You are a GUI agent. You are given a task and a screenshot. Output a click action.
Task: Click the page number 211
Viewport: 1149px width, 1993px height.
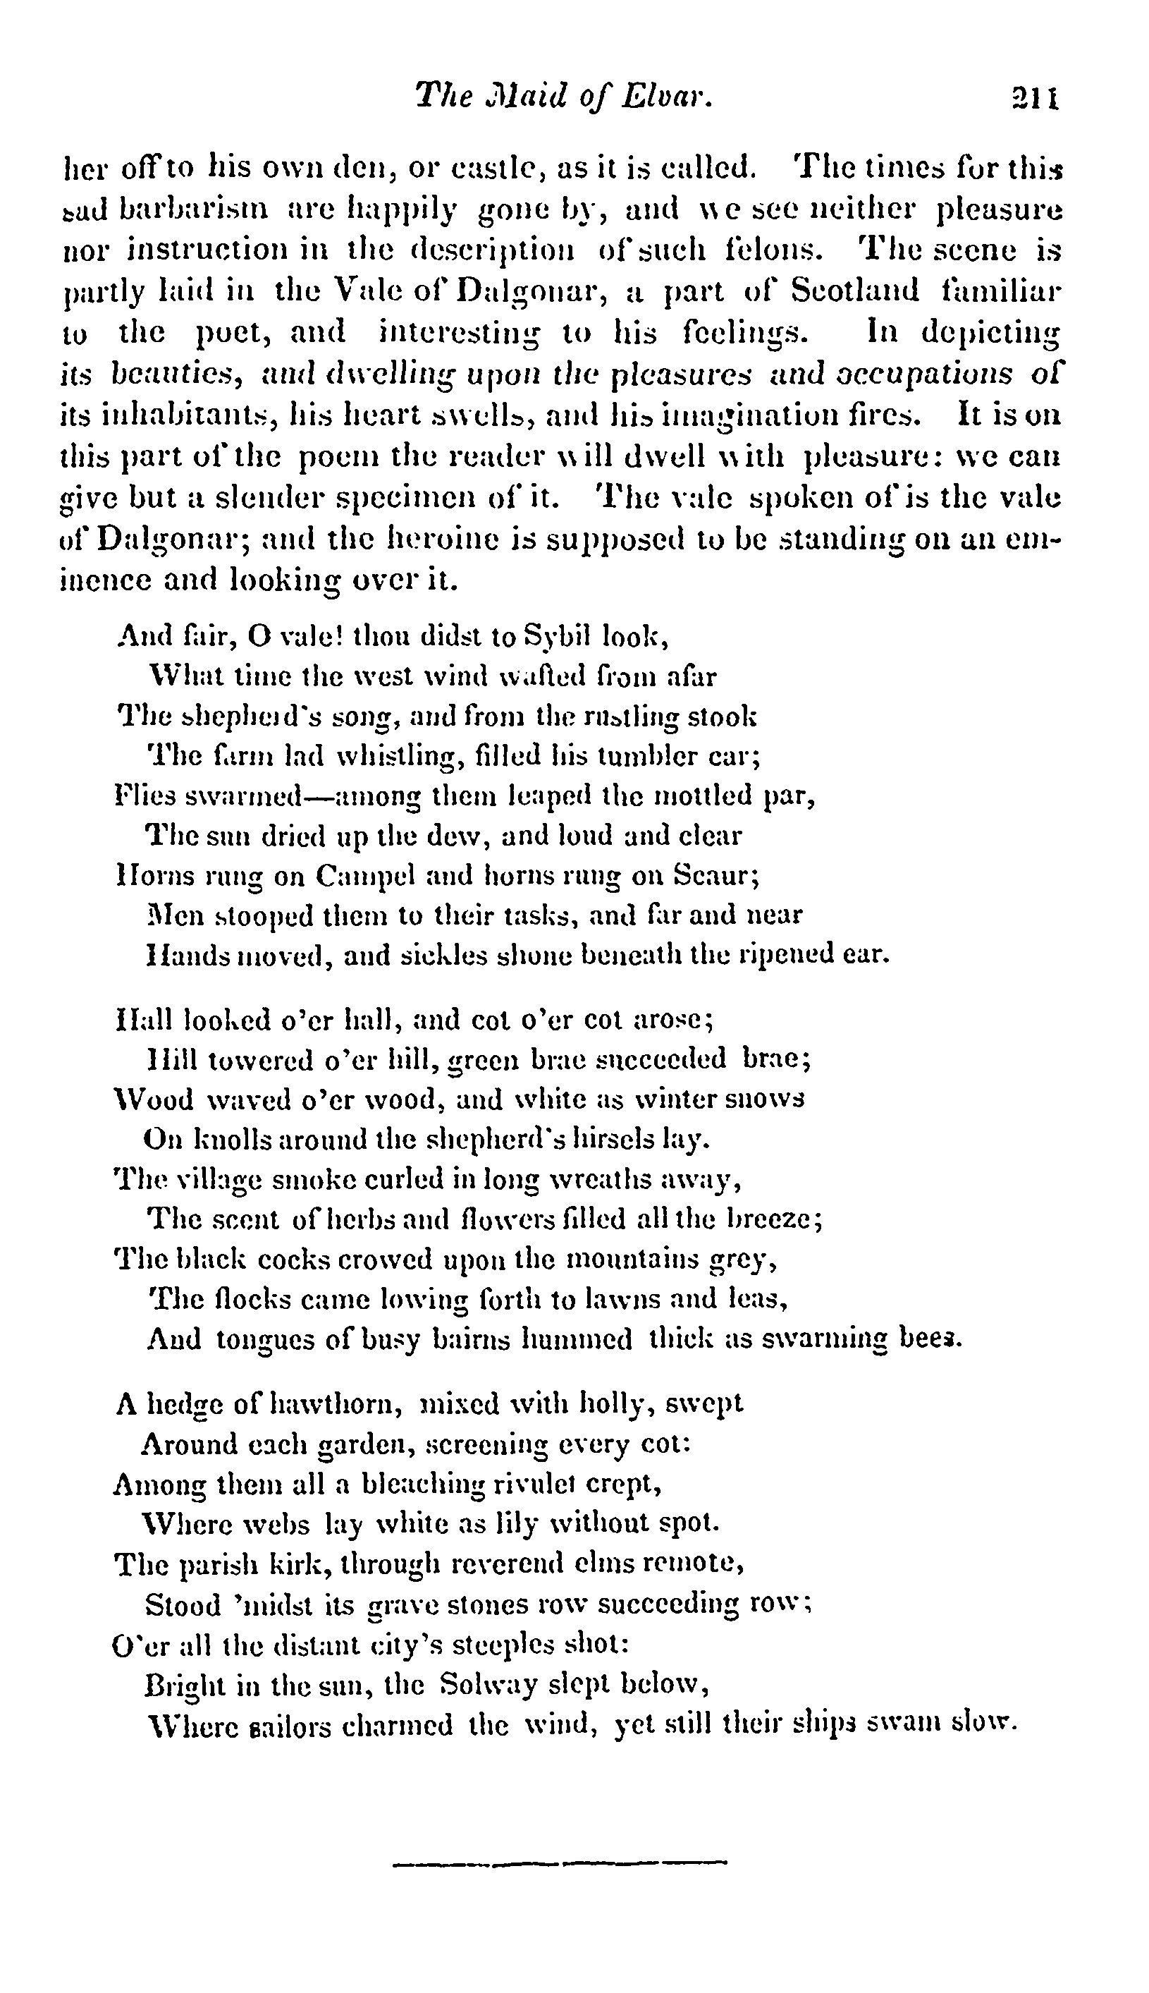1035,99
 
